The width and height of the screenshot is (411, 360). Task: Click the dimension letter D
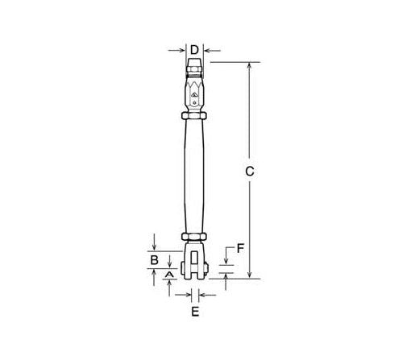tap(194, 50)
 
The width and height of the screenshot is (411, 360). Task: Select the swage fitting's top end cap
tap(194, 62)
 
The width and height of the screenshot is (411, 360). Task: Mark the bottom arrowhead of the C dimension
tap(250, 275)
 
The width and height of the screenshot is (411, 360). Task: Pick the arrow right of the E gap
tap(204, 292)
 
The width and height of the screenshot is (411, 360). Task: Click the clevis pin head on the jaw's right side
tap(211, 259)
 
